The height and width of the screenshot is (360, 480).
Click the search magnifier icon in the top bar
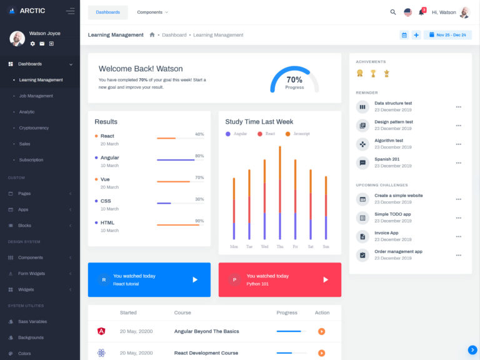[393, 12]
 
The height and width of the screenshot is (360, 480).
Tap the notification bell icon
[421, 12]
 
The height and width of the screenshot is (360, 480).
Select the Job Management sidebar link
[36, 96]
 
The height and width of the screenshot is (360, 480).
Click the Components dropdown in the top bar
[152, 12]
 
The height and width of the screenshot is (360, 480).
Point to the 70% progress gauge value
[294, 80]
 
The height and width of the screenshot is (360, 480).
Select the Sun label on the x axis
[326, 246]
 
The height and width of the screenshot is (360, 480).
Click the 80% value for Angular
[199, 156]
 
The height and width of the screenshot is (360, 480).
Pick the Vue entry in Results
[105, 179]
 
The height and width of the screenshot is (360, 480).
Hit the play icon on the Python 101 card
[325, 279]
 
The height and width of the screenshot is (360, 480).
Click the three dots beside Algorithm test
[458, 144]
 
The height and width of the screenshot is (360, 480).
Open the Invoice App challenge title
[386, 232]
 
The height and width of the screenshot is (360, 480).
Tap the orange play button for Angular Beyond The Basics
[321, 331]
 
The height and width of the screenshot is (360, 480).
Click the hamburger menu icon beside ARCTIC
[70, 11]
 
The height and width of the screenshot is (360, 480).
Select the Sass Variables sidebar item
[32, 321]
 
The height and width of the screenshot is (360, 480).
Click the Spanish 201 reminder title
[386, 159]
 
